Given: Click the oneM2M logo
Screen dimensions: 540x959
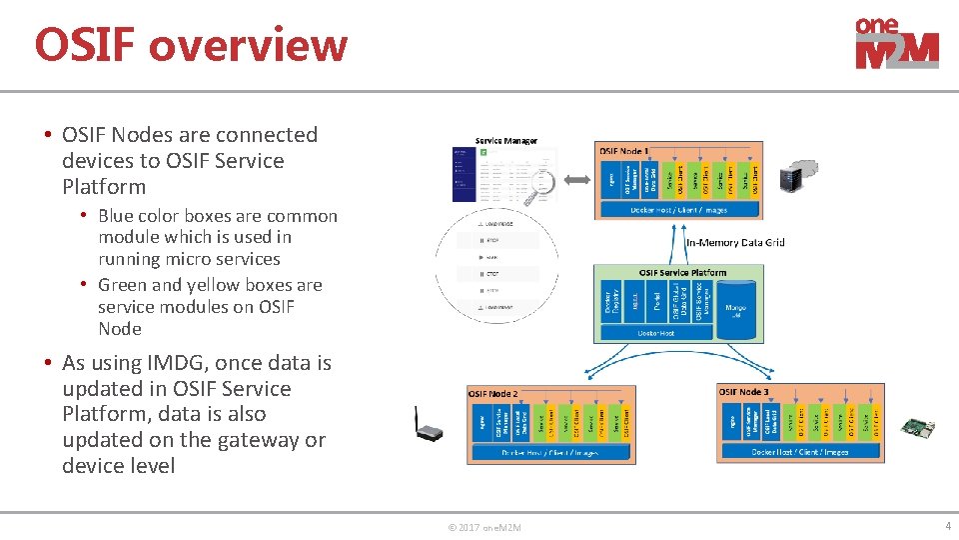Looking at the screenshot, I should [896, 44].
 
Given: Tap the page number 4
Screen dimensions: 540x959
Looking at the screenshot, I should [947, 526].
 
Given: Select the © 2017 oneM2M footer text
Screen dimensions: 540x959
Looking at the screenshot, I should [484, 527].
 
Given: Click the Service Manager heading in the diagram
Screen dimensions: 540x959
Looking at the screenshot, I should [505, 141].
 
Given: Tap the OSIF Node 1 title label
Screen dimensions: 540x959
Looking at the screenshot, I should [623, 151].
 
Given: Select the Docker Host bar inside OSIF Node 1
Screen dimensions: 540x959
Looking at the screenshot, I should [678, 210].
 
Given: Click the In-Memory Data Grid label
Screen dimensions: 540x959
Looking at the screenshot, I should [735, 242].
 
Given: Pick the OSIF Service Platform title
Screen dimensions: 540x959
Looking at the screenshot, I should [682, 272].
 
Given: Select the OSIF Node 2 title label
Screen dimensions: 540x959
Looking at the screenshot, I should [493, 393].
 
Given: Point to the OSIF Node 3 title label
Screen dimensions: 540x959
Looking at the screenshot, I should [744, 392].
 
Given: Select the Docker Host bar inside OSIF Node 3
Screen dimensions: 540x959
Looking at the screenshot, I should [799, 452].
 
